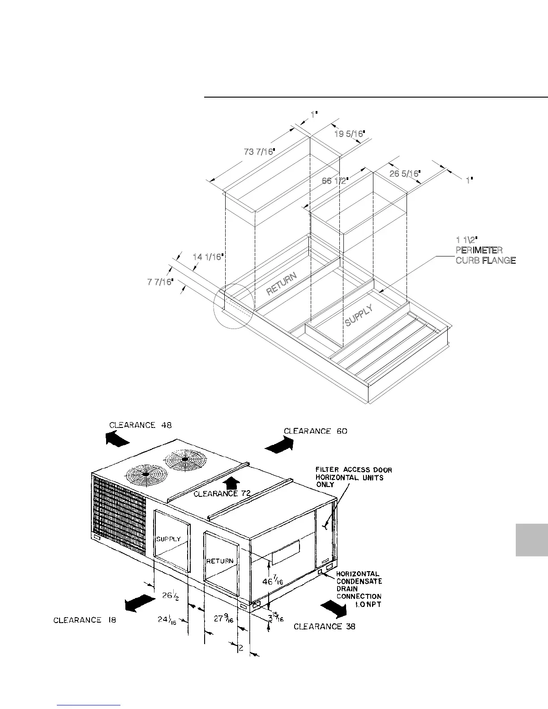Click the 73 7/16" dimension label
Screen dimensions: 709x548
pyautogui.click(x=258, y=152)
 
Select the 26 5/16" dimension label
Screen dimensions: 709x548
pyautogui.click(x=404, y=173)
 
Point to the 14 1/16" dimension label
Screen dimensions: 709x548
pyautogui.click(x=208, y=257)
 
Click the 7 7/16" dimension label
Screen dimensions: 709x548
pyautogui.click(x=160, y=282)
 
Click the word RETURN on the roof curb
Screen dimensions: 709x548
pyautogui.click(x=282, y=284)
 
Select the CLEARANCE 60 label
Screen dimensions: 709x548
pyautogui.click(x=316, y=431)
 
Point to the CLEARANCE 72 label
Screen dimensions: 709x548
pyautogui.click(x=222, y=494)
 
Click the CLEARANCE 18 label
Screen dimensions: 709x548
pyautogui.click(x=85, y=620)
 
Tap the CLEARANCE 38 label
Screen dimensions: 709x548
pyautogui.click(x=324, y=627)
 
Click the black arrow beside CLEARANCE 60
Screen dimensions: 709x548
pyautogui.click(x=279, y=444)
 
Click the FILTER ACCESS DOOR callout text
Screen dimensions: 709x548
pyautogui.click(x=353, y=477)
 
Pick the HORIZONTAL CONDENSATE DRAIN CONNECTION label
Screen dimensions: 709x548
pyautogui.click(x=359, y=585)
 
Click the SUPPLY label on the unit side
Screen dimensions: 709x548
pyautogui.click(x=168, y=539)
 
